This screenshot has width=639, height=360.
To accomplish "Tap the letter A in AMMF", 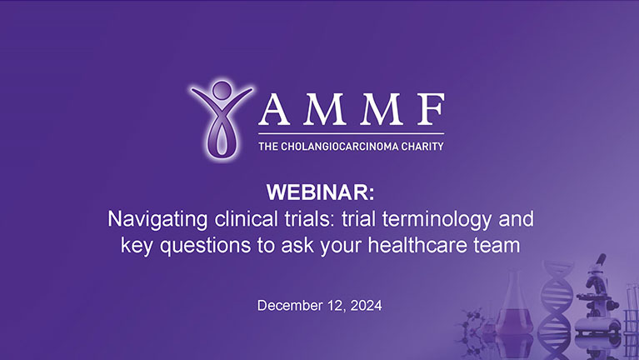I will pyautogui.click(x=277, y=110).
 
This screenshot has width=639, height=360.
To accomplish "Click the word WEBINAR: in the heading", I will pyautogui.click(x=319, y=194).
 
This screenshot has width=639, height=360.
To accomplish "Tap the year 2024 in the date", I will pyautogui.click(x=366, y=306).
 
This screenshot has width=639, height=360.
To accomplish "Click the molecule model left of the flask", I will pyautogui.click(x=473, y=325).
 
